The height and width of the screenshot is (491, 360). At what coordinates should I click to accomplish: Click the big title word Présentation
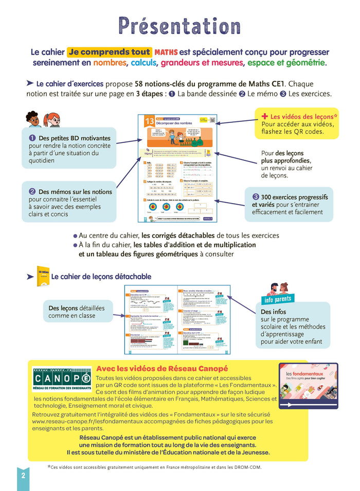(x=179, y=26)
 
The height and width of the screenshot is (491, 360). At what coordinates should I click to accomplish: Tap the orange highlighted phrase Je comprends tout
(x=109, y=52)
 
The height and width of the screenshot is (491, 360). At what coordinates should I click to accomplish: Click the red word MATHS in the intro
(x=166, y=52)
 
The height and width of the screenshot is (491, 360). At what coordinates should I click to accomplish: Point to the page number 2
(x=23, y=475)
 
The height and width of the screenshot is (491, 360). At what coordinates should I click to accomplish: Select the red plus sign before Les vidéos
(x=265, y=116)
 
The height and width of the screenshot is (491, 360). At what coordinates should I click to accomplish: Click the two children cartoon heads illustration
(x=41, y=119)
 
